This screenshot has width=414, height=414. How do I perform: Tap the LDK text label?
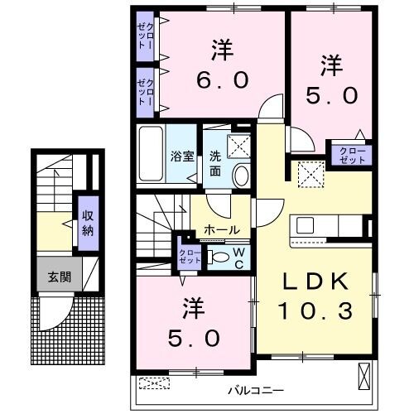click(316, 282)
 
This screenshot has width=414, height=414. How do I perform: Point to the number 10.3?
click(318, 310)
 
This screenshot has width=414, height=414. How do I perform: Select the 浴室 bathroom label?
click(181, 155)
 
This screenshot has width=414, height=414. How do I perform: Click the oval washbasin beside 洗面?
click(241, 175)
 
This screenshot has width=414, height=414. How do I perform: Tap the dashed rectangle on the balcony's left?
click(154, 383)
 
